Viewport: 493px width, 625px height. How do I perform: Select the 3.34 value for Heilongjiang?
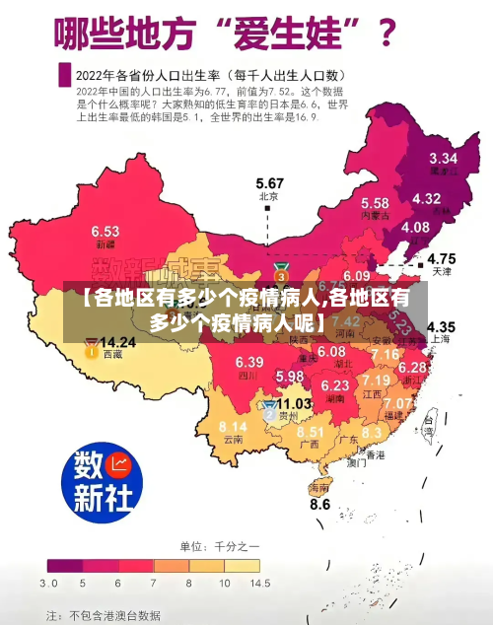(443, 158)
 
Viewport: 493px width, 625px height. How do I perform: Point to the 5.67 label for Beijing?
(269, 183)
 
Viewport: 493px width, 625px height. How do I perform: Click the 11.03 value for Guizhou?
(294, 403)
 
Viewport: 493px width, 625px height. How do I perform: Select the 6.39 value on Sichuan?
(249, 362)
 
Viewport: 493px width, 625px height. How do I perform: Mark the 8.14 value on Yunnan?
(233, 426)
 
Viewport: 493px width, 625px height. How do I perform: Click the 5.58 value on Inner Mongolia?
(375, 202)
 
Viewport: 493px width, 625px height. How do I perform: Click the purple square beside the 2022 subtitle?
(65, 73)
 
